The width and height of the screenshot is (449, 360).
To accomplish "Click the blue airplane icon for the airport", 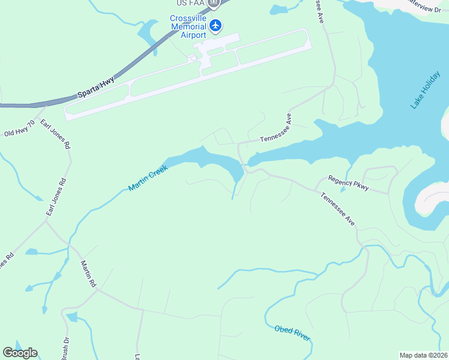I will (x=215, y=25).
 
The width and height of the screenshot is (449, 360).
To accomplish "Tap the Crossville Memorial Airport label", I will (x=188, y=26).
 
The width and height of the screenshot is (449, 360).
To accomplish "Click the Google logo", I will (x=20, y=353).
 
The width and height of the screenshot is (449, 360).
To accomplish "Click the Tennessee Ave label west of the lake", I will (x=276, y=134).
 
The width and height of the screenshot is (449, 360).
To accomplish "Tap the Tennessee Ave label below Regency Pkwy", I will (x=337, y=209).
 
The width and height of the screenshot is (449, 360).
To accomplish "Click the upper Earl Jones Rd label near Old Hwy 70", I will (x=55, y=134).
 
